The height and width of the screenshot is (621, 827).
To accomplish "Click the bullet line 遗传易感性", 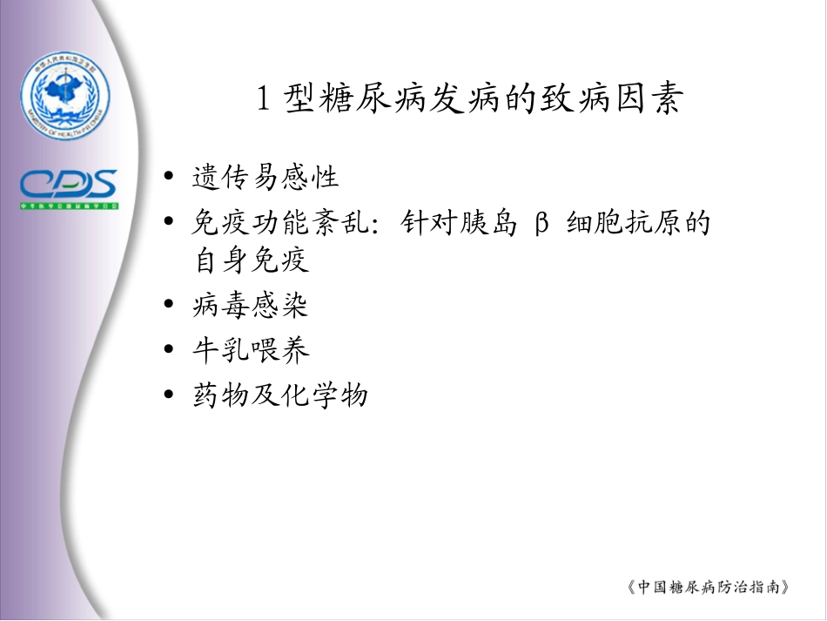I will click(265, 179).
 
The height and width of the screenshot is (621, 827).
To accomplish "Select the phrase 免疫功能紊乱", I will click(279, 223).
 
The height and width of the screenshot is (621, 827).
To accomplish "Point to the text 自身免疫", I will click(251, 260).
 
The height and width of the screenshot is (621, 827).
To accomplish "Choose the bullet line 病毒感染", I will click(251, 306).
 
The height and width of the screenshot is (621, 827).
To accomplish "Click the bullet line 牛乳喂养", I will click(251, 351).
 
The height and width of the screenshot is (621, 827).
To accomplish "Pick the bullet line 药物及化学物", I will click(280, 396).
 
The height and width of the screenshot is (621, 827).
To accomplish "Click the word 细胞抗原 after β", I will click(623, 223).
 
